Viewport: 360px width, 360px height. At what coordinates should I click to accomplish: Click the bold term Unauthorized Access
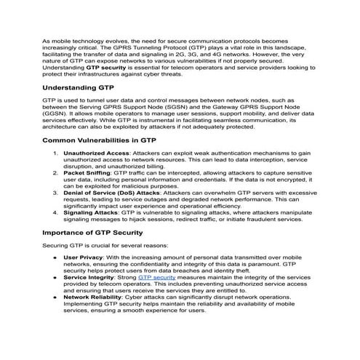pos(95,153)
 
